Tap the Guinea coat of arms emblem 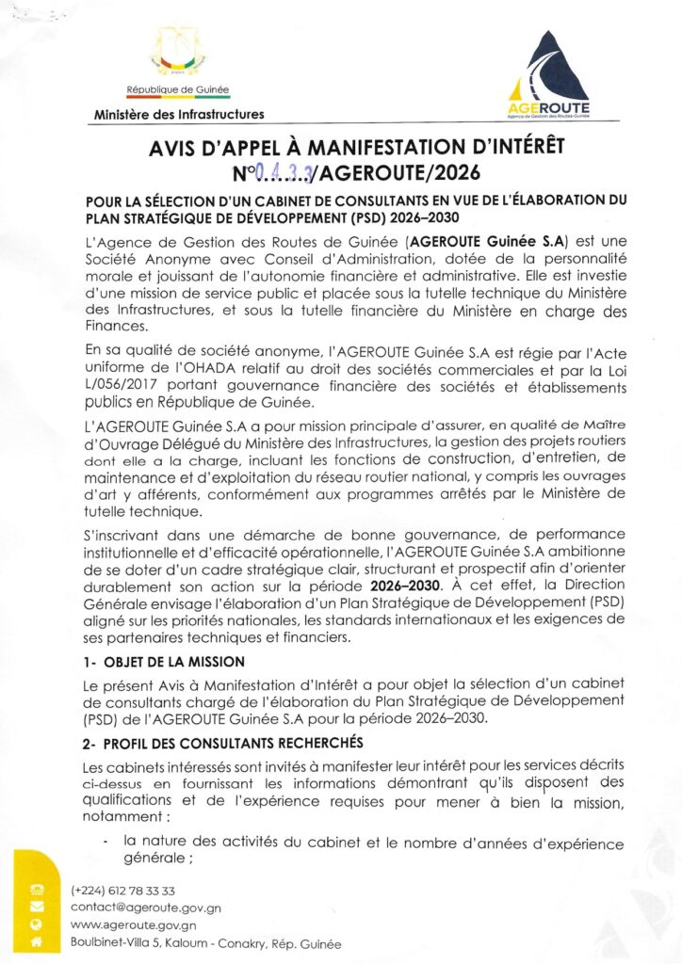(176, 52)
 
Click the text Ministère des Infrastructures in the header (179, 115)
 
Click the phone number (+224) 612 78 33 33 (122, 891)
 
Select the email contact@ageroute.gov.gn (146, 908)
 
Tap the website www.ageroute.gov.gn (133, 926)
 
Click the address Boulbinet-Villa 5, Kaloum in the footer (151, 944)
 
